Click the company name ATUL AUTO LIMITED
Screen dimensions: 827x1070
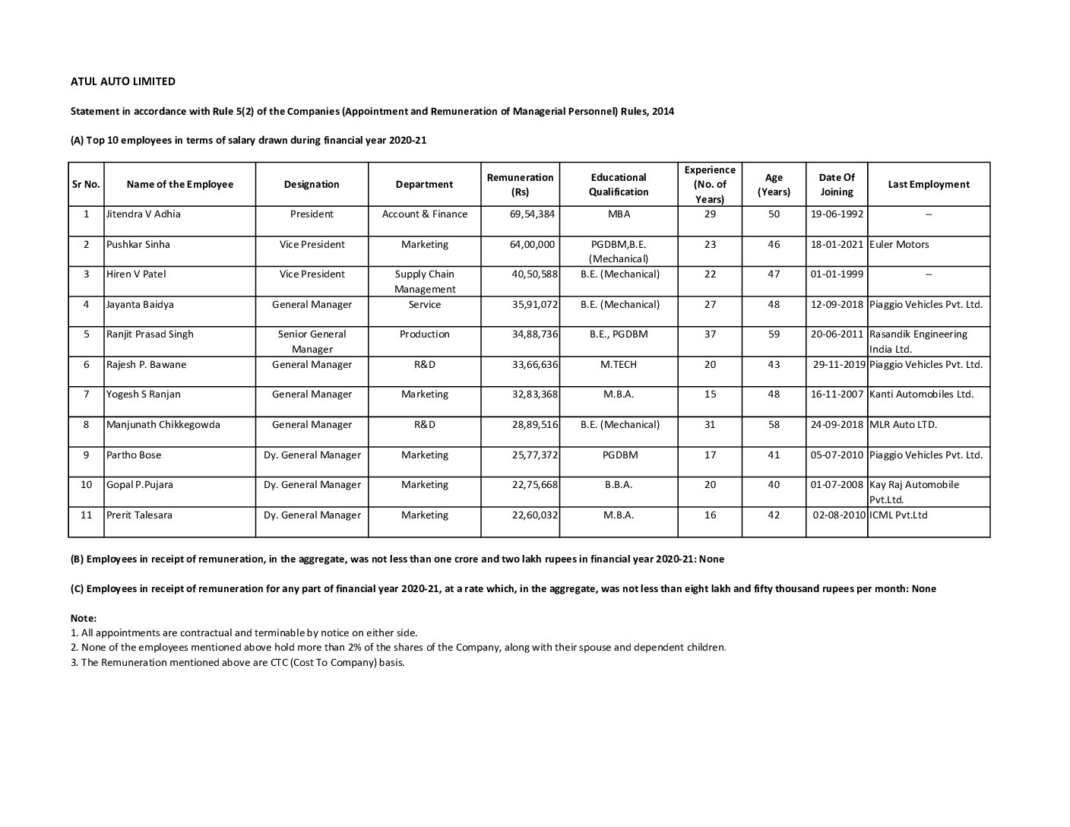point(123,81)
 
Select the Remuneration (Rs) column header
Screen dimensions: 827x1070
point(520,185)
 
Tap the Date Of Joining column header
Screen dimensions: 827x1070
point(836,185)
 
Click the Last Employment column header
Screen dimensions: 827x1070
point(928,185)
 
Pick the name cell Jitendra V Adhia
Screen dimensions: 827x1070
point(144,214)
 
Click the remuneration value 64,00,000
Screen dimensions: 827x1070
point(532,245)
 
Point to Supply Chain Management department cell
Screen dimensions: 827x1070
point(424,281)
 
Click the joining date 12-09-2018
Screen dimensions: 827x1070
point(837,305)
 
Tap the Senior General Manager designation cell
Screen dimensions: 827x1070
point(312,341)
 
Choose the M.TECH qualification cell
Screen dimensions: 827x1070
point(619,365)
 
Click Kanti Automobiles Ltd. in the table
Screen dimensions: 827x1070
point(921,394)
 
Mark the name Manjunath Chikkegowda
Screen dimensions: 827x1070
point(163,425)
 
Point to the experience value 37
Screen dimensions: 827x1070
point(710,334)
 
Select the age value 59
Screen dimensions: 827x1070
point(774,334)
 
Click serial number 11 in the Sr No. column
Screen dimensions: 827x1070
point(87,515)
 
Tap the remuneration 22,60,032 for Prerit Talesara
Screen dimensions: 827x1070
point(534,515)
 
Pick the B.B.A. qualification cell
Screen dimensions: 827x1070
point(619,485)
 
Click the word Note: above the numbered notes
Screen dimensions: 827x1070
point(84,619)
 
